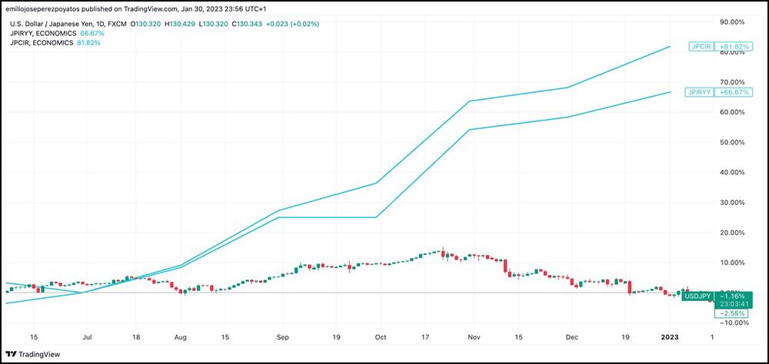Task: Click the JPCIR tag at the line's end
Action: coord(700,47)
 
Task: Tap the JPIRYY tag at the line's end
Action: coord(698,92)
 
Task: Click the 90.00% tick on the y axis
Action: coord(735,22)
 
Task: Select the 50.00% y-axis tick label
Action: coord(735,142)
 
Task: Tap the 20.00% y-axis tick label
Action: coord(735,233)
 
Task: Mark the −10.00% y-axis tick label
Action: coord(734,323)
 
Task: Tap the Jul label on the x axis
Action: coord(87,336)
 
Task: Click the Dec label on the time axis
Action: coord(571,336)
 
